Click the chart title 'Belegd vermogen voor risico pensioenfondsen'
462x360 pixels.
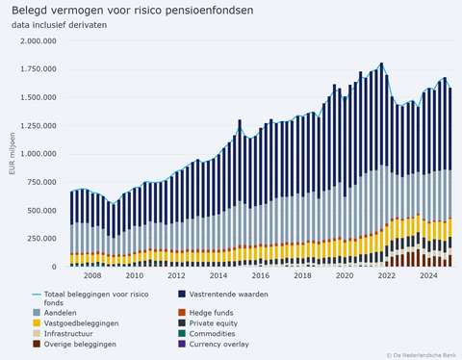coord(133,11)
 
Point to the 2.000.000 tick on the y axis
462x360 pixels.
coord(35,41)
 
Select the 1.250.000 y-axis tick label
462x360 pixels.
coord(35,126)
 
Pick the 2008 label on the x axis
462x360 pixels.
coord(92,276)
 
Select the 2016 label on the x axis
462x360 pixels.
coord(261,276)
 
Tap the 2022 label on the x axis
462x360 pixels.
coord(386,276)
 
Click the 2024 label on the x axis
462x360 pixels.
coord(428,276)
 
